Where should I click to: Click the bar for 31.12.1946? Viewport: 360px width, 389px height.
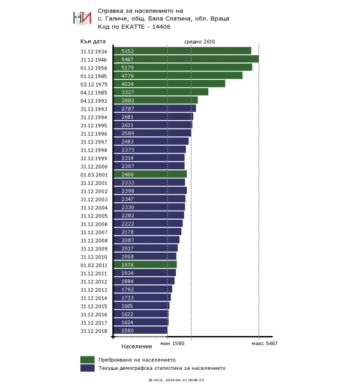[186, 59]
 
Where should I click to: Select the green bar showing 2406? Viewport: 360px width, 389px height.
[150, 174]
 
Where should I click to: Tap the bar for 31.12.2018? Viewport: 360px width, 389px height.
[140, 330]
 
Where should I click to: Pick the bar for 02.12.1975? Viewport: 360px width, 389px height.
[169, 83]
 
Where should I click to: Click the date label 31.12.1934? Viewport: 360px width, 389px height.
[94, 51]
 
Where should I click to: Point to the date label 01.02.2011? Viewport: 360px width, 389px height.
[94, 264]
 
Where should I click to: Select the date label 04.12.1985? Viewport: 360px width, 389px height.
[94, 92]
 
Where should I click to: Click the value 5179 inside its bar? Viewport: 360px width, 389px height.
[127, 67]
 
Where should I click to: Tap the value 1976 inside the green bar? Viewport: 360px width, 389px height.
[127, 264]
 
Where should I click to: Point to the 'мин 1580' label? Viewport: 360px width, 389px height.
[172, 343]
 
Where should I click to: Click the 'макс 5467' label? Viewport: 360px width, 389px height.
[264, 343]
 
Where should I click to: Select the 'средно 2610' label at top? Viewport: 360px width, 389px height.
[199, 41]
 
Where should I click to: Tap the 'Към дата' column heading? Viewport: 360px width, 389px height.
[93, 41]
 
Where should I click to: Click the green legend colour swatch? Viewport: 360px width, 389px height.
[88, 360]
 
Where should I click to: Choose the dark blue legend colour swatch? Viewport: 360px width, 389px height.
[88, 368]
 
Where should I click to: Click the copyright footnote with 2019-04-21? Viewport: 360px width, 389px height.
[176, 380]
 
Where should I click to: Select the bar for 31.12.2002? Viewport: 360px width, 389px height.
[150, 190]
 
